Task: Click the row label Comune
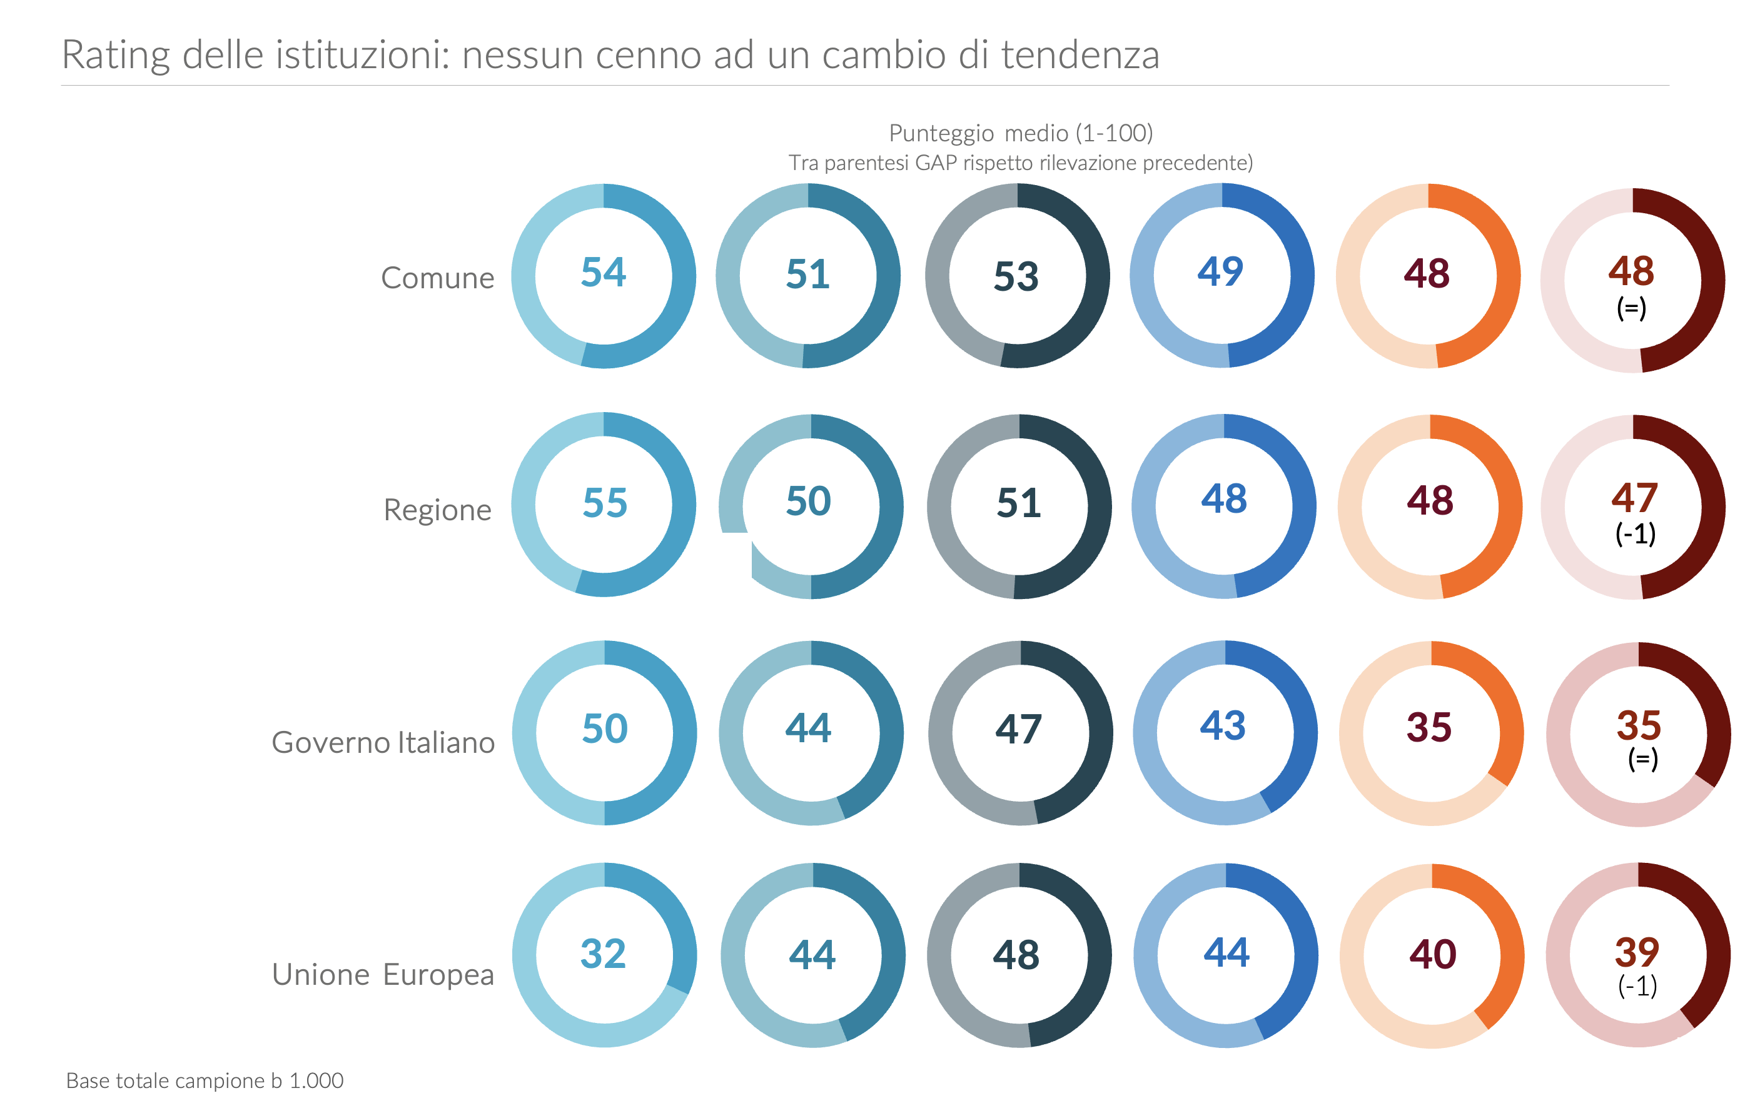[437, 278]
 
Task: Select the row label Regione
[437, 510]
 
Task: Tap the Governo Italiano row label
[383, 742]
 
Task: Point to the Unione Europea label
[383, 974]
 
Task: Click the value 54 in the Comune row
[603, 273]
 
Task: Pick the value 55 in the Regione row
[604, 503]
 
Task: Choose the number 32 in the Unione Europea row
[603, 953]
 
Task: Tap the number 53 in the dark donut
[1016, 276]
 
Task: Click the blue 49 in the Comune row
[1220, 271]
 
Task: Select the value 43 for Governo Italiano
[1223, 725]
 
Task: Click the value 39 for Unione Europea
[1637, 952]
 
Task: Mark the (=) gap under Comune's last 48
[1631, 308]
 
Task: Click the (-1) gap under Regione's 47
[1636, 535]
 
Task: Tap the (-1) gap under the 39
[1637, 985]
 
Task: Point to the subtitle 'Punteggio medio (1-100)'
[1020, 133]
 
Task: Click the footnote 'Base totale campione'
[205, 1080]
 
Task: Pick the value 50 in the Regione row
[808, 500]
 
